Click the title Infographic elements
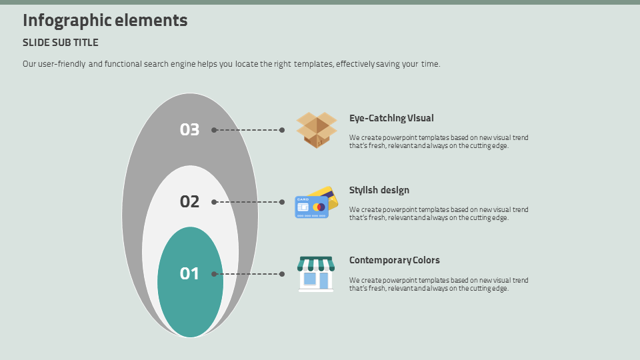click(105, 21)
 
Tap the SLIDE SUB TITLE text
click(61, 43)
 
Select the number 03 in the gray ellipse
click(190, 130)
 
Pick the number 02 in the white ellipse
click(190, 202)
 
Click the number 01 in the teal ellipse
click(190, 274)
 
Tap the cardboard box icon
click(317, 129)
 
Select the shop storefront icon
click(316, 274)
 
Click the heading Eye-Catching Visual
click(391, 119)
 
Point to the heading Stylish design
click(379, 191)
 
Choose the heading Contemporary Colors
click(395, 261)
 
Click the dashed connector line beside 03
click(248, 130)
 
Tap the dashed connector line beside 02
click(248, 202)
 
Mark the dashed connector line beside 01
click(248, 274)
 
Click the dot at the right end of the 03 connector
click(282, 130)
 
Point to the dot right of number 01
click(214, 274)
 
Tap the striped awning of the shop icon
click(316, 263)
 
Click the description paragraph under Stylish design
click(439, 214)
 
